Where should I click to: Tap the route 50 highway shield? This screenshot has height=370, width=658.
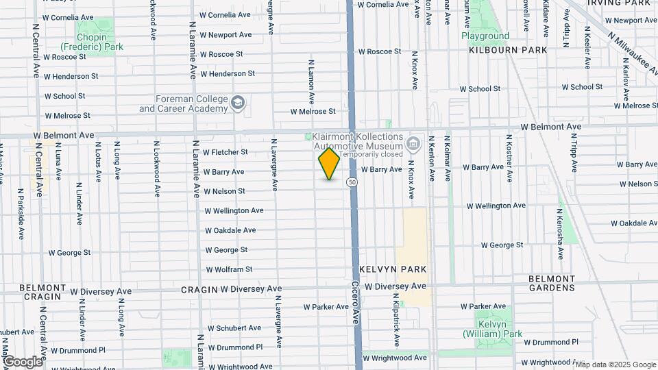(352, 182)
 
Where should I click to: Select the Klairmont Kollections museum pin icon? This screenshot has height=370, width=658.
(413, 144)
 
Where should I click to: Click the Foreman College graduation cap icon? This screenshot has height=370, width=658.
(237, 103)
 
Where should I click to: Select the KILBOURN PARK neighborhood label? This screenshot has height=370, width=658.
(508, 50)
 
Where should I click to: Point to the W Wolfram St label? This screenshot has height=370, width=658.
(229, 270)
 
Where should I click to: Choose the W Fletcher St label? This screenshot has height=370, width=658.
(225, 152)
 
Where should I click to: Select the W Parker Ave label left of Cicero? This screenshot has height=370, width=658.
(327, 307)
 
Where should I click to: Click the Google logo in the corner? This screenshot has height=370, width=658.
(23, 362)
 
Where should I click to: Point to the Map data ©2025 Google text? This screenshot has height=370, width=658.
(616, 365)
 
